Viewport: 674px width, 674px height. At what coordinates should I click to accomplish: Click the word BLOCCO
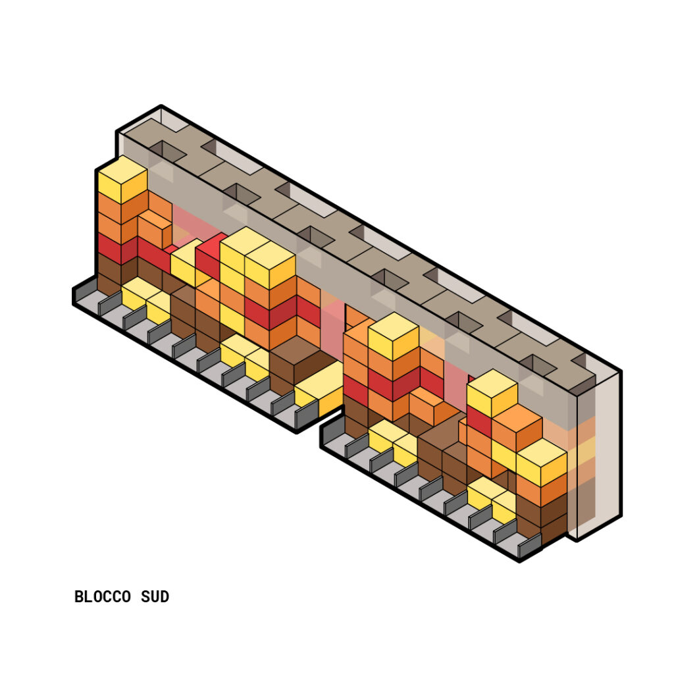pyautogui.click(x=102, y=597)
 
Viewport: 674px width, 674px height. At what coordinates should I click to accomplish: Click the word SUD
pyautogui.click(x=155, y=597)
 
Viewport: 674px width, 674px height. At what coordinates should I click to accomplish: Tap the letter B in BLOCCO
pyautogui.click(x=79, y=597)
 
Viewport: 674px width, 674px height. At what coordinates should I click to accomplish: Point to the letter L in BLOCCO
pyautogui.click(x=89, y=597)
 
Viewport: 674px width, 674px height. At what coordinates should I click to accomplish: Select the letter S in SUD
pyautogui.click(x=145, y=597)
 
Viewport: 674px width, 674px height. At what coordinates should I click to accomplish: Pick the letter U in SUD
pyautogui.click(x=155, y=597)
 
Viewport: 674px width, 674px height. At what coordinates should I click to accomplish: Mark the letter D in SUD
pyautogui.click(x=165, y=597)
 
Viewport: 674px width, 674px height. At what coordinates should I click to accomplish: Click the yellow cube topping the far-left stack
pyautogui.click(x=122, y=180)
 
